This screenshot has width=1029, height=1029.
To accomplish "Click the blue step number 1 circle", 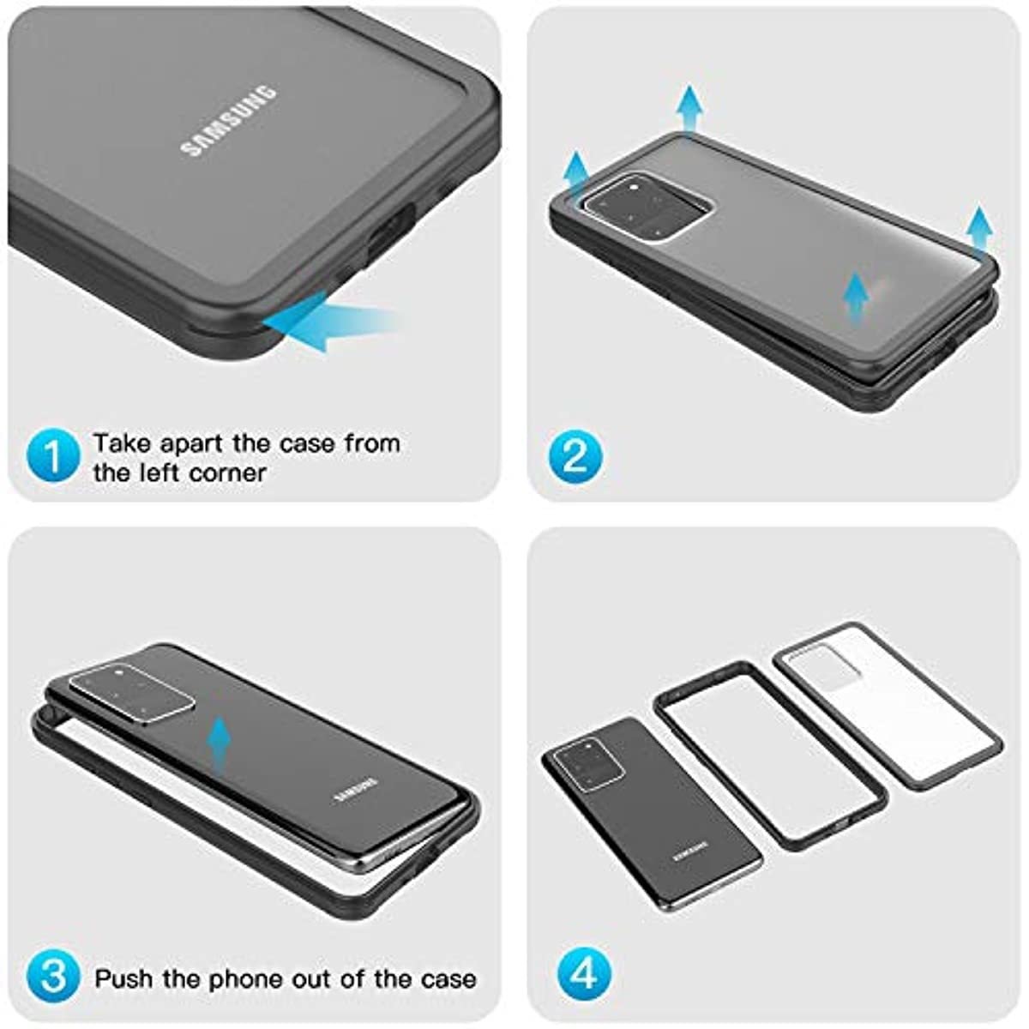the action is [53, 458].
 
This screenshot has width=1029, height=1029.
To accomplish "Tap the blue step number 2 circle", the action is [575, 458].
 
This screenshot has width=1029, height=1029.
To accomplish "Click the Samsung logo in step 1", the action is [229, 121].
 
